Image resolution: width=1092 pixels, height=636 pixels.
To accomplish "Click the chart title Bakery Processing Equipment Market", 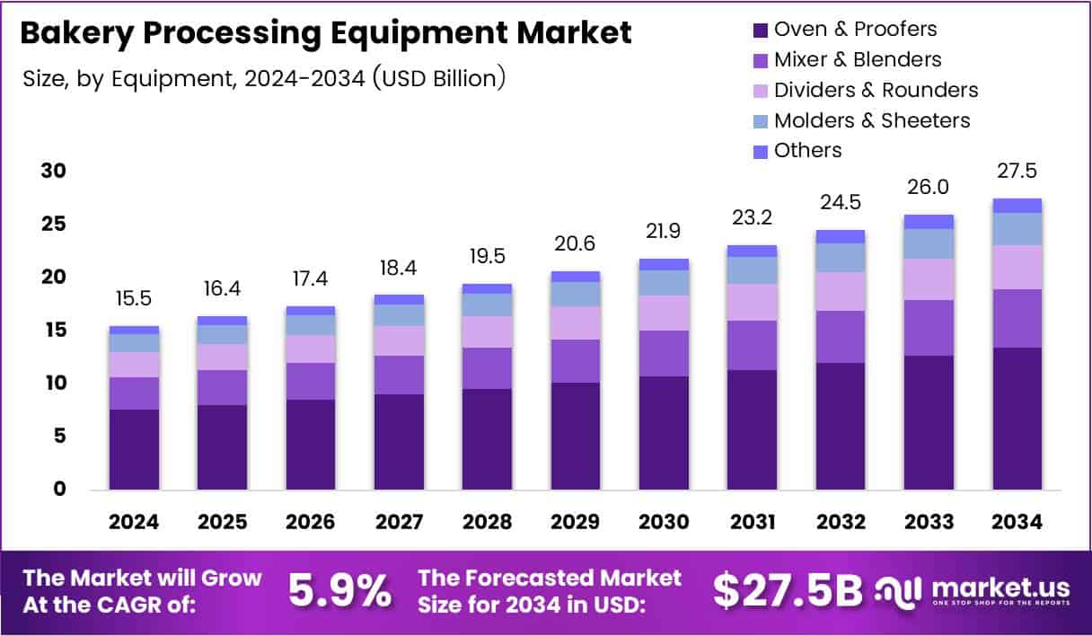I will pyautogui.click(x=325, y=33).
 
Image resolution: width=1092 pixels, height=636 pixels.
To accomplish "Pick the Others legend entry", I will pyautogui.click(x=807, y=150).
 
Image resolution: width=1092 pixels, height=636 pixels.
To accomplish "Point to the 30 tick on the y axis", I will pyautogui.click(x=53, y=171).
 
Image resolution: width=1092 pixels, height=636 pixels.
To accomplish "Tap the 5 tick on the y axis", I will pyautogui.click(x=59, y=437).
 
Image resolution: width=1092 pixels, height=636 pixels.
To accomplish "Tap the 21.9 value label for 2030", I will pyautogui.click(x=664, y=231).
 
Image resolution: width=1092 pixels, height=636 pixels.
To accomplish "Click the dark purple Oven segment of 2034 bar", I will pyautogui.click(x=1017, y=418).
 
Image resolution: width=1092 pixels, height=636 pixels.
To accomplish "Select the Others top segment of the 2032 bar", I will pyautogui.click(x=841, y=236).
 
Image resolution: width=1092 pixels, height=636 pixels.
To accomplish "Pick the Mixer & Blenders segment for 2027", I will pyautogui.click(x=399, y=375).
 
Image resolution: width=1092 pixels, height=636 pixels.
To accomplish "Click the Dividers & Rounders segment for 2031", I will pyautogui.click(x=752, y=302).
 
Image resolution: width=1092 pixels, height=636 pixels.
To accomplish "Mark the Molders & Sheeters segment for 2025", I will pyautogui.click(x=222, y=334).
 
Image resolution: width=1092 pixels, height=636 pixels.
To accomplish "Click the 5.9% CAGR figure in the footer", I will pyautogui.click(x=339, y=590).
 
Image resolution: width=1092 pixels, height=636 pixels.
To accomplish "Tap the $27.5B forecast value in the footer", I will pyautogui.click(x=788, y=590).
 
